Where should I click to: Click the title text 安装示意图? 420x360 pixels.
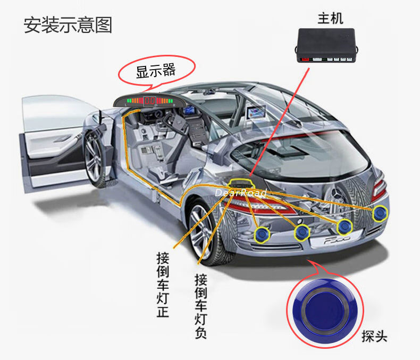pyautogui.click(x=68, y=25)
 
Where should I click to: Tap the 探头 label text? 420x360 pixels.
pyautogui.click(x=374, y=336)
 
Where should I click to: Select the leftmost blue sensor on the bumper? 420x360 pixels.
pyautogui.click(x=261, y=233)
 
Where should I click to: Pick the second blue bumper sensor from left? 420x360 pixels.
pyautogui.click(x=302, y=231)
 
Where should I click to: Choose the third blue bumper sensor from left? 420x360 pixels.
pyautogui.click(x=345, y=227)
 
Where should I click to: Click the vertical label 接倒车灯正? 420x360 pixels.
pyautogui.click(x=162, y=285)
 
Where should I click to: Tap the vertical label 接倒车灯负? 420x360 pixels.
pyautogui.click(x=200, y=306)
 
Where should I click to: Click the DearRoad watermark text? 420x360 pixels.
pyautogui.click(x=240, y=192)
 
